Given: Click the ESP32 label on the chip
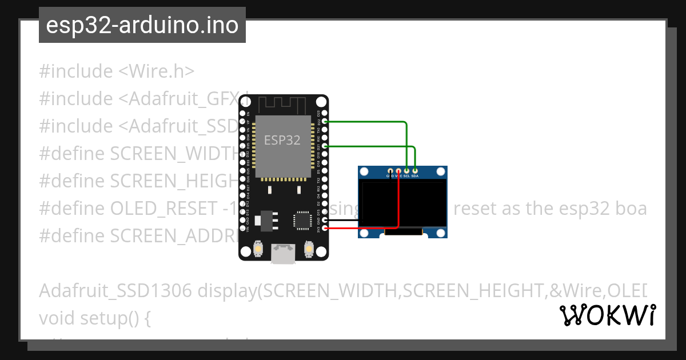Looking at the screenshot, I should [282, 140].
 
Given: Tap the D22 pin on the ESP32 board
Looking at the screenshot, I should [325, 122].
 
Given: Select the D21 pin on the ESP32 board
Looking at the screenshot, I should [325, 146].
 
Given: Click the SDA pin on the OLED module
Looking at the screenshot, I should [415, 170].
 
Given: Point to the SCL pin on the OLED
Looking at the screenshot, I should [406, 170].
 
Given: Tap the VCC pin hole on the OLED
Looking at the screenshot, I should [398, 170].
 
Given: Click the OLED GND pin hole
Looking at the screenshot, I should [390, 170].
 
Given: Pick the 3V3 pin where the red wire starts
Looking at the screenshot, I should [325, 229].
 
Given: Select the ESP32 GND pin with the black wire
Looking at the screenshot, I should [325, 220].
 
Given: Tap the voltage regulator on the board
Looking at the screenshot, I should [266, 219].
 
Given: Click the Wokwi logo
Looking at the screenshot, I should [607, 315].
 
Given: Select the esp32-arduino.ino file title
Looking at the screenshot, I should [142, 25].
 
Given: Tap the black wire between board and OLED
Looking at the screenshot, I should [343, 220].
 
